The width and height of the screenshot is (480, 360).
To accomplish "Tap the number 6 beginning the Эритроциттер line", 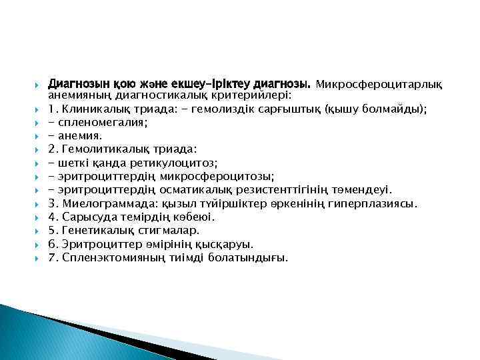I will click(52, 243).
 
